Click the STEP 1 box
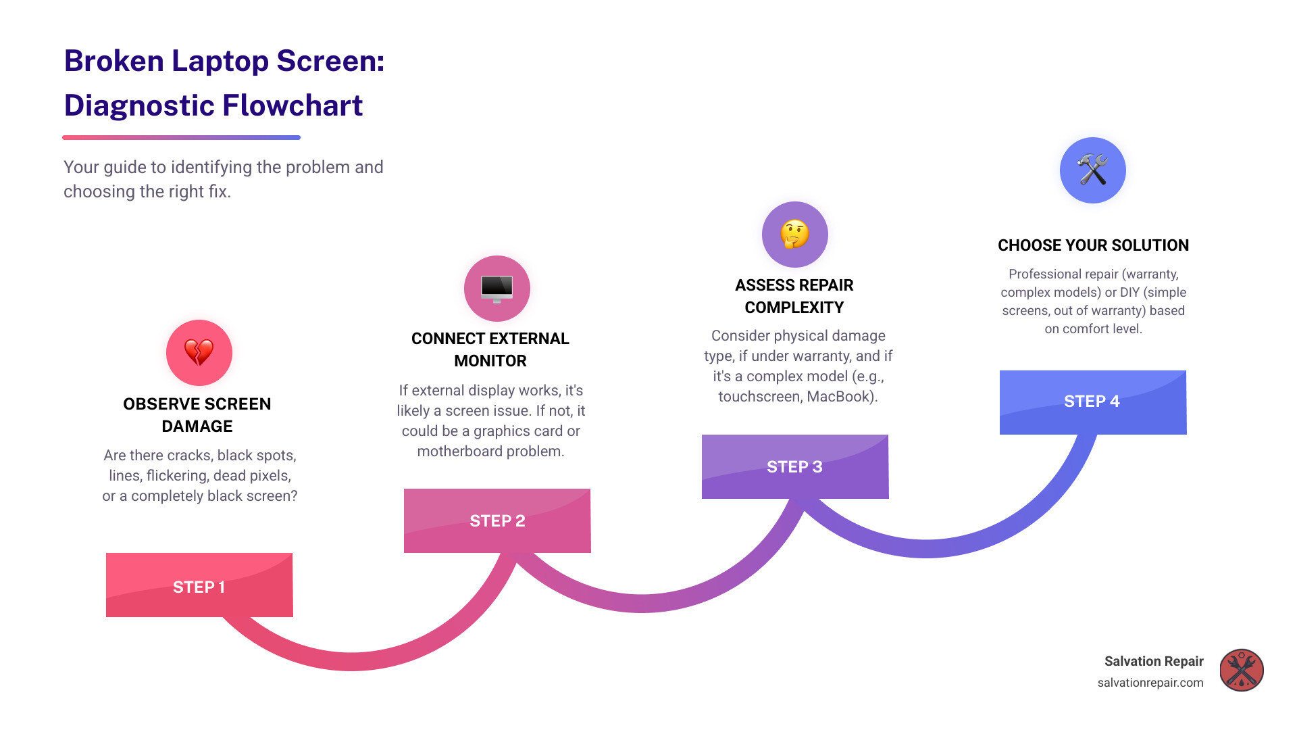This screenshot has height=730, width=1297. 199,585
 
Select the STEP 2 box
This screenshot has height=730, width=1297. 497,520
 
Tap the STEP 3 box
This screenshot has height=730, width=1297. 795,466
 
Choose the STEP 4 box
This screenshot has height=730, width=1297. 1092,401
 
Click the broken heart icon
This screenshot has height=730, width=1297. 199,352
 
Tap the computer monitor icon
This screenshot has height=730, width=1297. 497,289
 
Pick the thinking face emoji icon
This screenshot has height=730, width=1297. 795,235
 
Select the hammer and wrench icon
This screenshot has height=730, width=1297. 1092,170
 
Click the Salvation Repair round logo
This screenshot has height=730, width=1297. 1241,671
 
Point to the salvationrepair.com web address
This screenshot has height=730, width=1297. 1150,683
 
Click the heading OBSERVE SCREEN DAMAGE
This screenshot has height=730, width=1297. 197,415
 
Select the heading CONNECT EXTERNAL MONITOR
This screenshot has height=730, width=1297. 490,349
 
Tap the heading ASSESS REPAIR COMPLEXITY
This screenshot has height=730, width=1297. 794,296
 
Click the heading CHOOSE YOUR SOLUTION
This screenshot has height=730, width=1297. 1093,245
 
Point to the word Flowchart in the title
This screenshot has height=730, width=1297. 293,105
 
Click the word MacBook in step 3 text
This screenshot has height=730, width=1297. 840,397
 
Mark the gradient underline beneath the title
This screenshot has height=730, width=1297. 181,138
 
